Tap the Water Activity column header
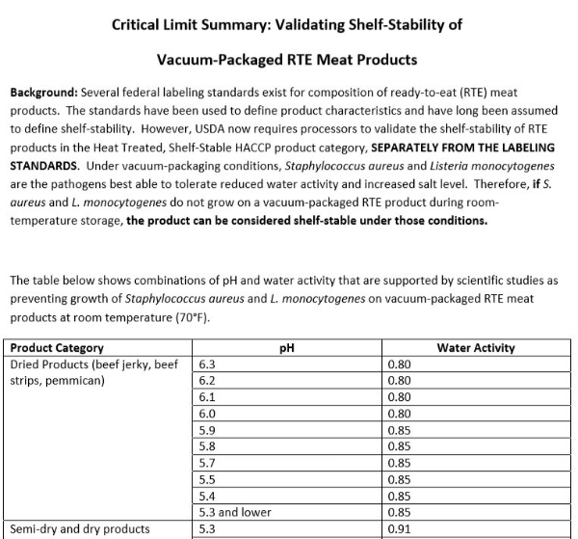[x=475, y=348]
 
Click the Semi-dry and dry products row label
[x=79, y=528]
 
